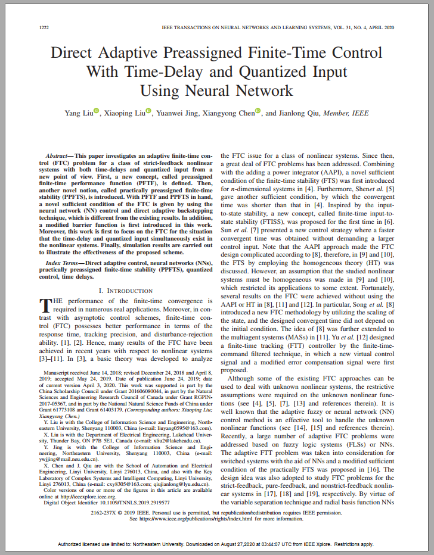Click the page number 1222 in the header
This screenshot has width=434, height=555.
[44, 28]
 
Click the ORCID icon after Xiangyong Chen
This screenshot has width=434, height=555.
[258, 111]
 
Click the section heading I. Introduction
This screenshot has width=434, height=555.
[126, 290]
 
